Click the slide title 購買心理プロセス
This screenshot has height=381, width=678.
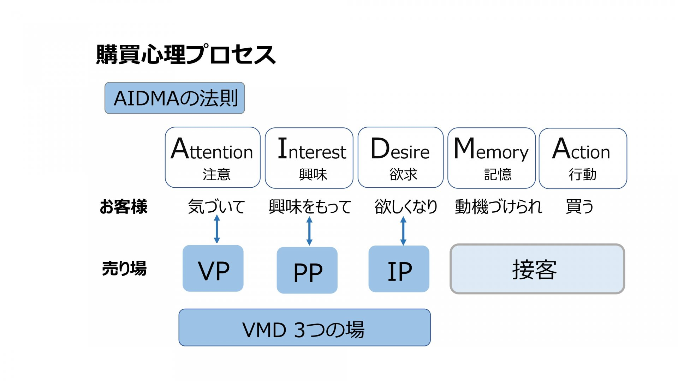pyautogui.click(x=186, y=55)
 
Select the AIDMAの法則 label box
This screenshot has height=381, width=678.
pyautogui.click(x=175, y=98)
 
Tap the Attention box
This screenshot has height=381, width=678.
pyautogui.click(x=213, y=158)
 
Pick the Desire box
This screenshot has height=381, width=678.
pyautogui.click(x=400, y=158)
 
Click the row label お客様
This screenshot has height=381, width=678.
pyautogui.click(x=123, y=207)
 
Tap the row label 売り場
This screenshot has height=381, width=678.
pyautogui.click(x=124, y=268)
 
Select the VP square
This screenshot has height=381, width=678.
pyautogui.click(x=213, y=268)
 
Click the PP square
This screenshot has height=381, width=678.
pyautogui.click(x=307, y=270)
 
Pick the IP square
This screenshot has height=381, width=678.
pyautogui.click(x=399, y=269)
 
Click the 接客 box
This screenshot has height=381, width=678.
pyautogui.click(x=537, y=269)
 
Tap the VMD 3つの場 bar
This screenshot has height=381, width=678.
pyautogui.click(x=304, y=328)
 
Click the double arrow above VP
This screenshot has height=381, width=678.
pyautogui.click(x=217, y=229)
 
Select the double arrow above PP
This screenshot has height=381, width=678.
pyautogui.click(x=309, y=231)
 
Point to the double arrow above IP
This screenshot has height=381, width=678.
pyautogui.click(x=403, y=231)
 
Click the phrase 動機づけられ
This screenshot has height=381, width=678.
pyautogui.click(x=498, y=207)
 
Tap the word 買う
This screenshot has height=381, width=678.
pyautogui.click(x=579, y=207)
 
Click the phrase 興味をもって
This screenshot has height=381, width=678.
pyautogui.click(x=310, y=207)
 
